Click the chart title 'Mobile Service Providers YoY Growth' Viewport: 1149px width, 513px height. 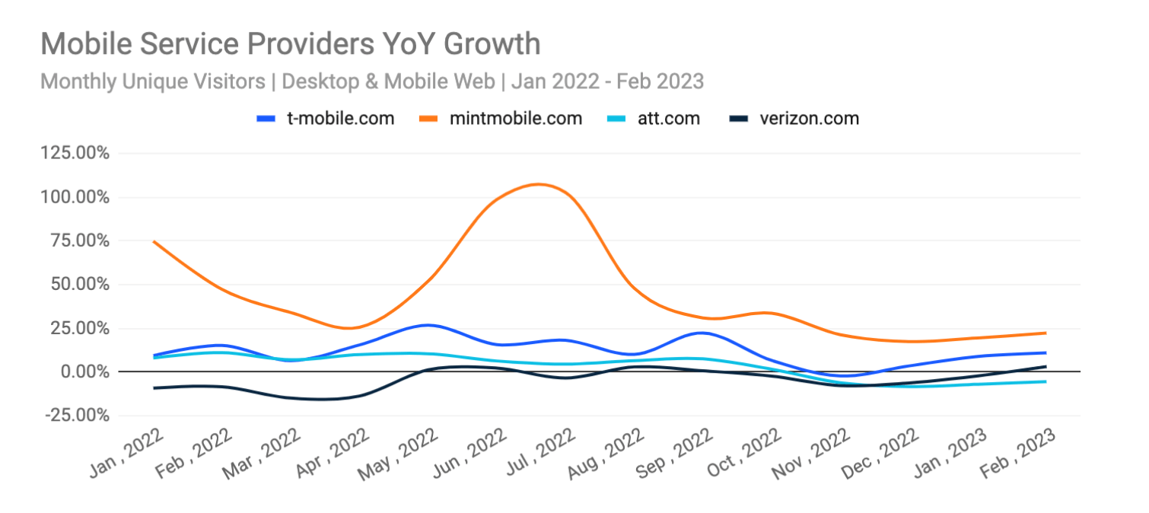290,44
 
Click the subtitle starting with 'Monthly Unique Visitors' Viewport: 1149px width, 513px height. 371,81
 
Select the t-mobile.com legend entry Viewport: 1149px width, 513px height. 326,119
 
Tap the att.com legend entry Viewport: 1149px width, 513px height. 654,119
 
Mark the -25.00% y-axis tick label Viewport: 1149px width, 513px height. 76,416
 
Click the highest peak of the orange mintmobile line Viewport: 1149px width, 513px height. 537,184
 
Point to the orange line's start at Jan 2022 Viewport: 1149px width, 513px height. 154,241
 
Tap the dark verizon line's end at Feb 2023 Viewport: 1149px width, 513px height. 1046,366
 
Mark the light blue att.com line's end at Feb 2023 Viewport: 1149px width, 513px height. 1046,381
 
